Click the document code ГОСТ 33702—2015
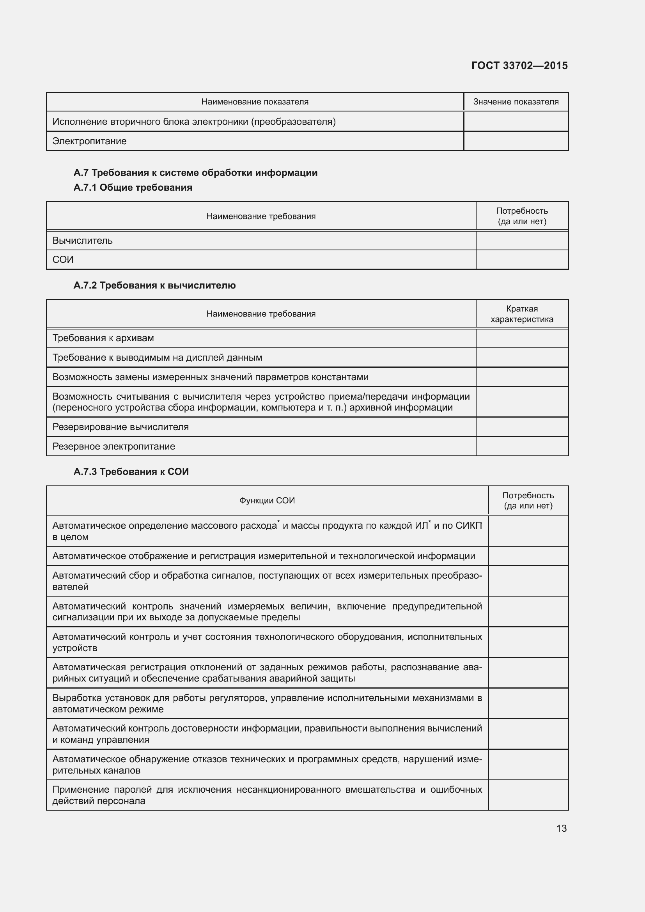519,66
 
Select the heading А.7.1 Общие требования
133,188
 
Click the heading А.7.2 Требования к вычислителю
154,285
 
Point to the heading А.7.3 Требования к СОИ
131,471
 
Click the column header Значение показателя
516,102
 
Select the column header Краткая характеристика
521,314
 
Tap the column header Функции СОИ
267,501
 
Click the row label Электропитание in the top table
89,141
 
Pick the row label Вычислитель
83,240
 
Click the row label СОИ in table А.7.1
63,259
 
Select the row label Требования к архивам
103,338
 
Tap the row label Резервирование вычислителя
121,427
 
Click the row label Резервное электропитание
113,446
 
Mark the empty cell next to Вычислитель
521,240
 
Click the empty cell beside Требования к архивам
521,338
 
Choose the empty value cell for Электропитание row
516,141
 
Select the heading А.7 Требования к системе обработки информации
195,173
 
